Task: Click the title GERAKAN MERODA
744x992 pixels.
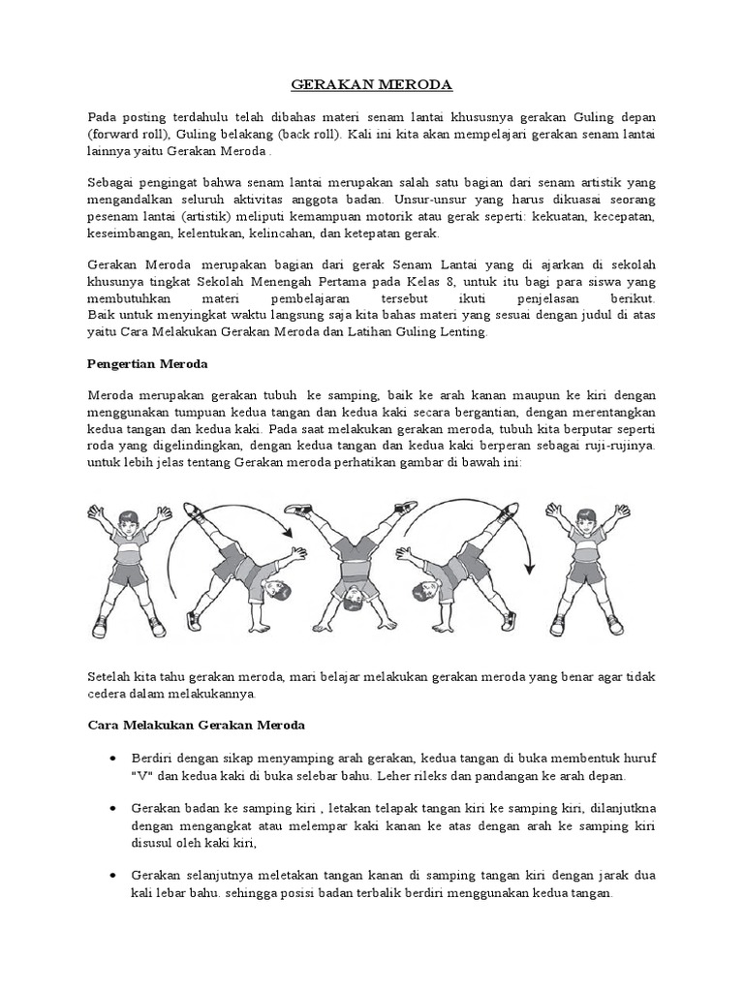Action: pos(372,85)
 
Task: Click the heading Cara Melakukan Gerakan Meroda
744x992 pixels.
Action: pos(197,725)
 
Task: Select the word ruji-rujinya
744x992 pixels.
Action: pos(620,446)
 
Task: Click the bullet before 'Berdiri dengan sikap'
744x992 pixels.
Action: pos(114,758)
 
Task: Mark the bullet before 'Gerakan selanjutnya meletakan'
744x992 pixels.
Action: pos(114,875)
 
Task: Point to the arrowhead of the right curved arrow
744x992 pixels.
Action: pos(528,569)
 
